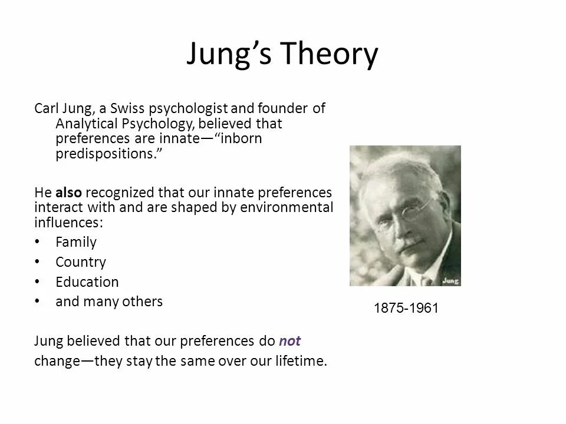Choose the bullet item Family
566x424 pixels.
coord(75,241)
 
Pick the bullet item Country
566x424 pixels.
coord(81,261)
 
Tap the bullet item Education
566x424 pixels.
coord(87,281)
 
